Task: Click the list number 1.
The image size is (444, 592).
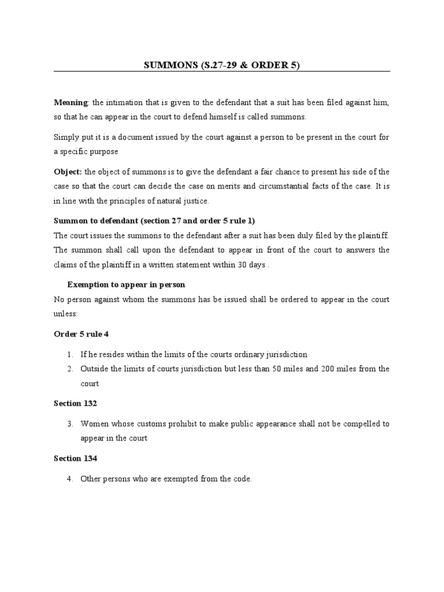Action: tap(69, 354)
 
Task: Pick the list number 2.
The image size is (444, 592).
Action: tap(69, 369)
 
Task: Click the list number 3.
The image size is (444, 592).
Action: tap(69, 424)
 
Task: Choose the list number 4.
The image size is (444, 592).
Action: tap(69, 479)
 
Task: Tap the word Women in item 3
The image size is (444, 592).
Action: tap(93, 424)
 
